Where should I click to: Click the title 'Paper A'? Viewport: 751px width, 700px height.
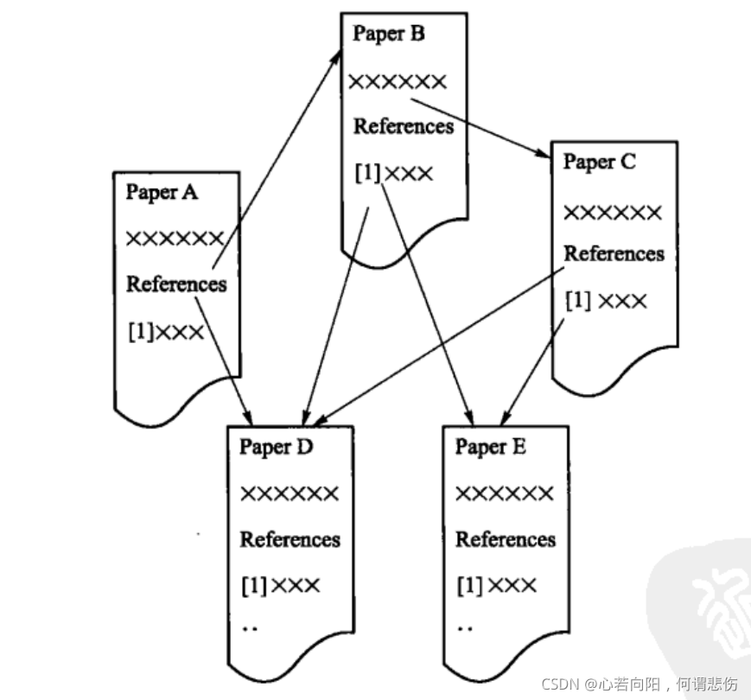click(x=162, y=192)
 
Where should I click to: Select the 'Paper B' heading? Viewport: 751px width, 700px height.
click(x=389, y=34)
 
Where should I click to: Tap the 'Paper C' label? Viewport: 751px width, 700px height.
click(x=600, y=162)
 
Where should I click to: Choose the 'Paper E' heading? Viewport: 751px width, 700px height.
click(x=491, y=447)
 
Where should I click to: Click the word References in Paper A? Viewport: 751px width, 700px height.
click(x=176, y=283)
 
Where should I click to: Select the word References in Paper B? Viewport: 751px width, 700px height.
click(x=403, y=126)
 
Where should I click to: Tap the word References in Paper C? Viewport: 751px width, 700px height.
click(x=614, y=254)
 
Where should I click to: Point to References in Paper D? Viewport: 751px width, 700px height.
click(x=290, y=540)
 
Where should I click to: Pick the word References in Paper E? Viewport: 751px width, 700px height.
click(x=506, y=540)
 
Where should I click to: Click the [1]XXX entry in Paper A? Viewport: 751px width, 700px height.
click(x=165, y=331)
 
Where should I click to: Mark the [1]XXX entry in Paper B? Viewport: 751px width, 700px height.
click(x=393, y=173)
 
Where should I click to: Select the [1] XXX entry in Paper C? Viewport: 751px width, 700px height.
click(x=605, y=302)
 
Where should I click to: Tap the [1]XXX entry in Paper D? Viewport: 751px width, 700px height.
click(x=280, y=586)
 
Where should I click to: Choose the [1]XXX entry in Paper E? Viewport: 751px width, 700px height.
click(x=496, y=586)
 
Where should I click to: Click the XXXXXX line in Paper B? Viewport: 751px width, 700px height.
click(x=398, y=82)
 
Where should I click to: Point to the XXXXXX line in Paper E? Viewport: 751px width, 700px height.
click(x=504, y=493)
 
